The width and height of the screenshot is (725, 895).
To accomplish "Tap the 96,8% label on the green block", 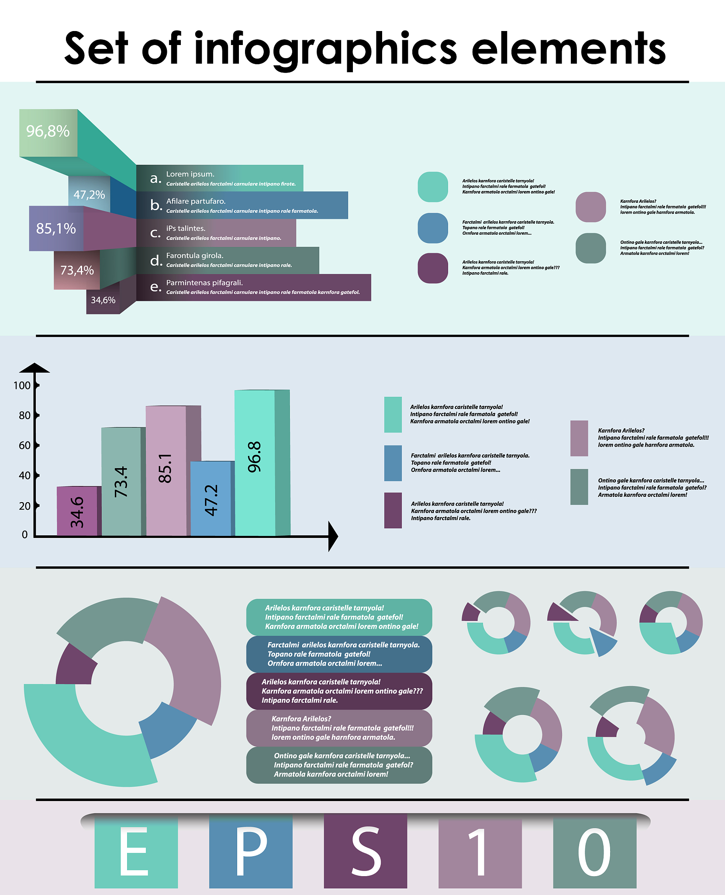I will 48,131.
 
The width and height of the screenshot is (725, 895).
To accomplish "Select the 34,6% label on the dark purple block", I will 103,300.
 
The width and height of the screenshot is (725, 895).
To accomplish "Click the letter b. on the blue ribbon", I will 156,205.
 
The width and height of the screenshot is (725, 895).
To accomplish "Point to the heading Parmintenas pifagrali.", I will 204,283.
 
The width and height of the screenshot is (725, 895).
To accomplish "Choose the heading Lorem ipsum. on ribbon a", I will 190,174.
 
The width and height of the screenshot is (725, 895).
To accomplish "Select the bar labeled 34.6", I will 77,511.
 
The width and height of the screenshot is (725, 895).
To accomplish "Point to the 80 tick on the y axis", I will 25,416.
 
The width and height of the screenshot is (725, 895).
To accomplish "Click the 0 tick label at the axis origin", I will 24,534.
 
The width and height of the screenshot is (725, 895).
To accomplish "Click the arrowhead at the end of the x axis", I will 333,536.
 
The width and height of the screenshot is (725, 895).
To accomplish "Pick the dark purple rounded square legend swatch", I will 433,268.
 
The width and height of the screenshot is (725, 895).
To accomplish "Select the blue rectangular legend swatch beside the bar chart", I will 393,463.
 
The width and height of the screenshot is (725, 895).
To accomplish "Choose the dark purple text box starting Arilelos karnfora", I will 339,691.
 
